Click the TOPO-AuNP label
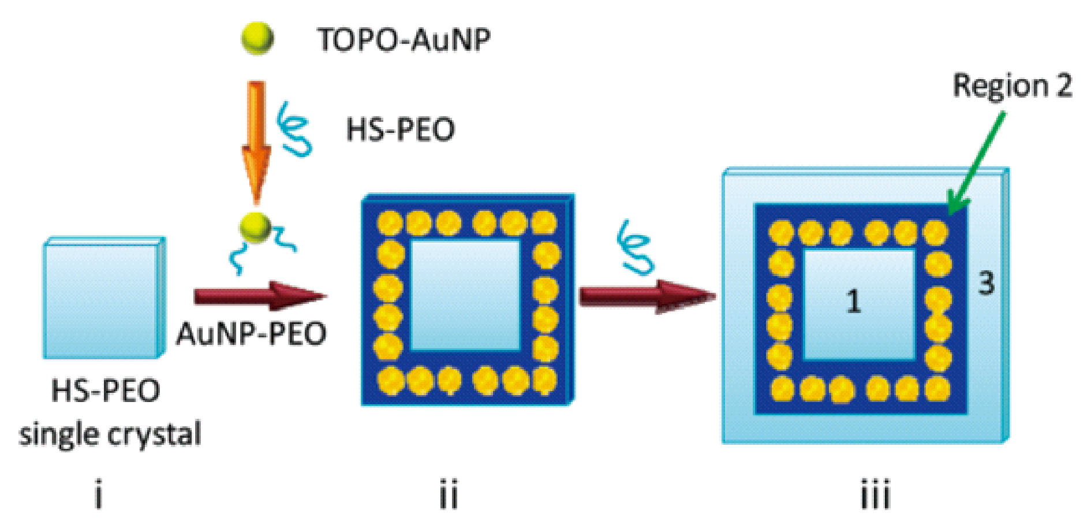[x=404, y=40]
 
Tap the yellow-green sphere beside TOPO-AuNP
[x=257, y=38]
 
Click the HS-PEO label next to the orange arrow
[x=400, y=129]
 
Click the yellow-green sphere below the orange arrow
[x=256, y=228]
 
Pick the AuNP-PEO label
[x=251, y=333]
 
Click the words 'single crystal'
[x=110, y=434]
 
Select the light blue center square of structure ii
[x=465, y=296]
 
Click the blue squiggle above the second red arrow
[x=636, y=247]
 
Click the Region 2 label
[x=1012, y=86]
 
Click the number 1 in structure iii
[x=853, y=302]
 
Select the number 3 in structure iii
[x=987, y=283]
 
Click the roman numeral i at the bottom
[x=99, y=496]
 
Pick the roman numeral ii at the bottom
[x=449, y=495]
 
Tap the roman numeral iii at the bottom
[x=876, y=494]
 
